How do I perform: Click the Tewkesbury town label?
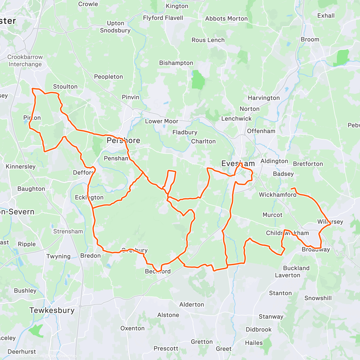pyautogui.click(x=52, y=310)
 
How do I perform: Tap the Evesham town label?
pyautogui.click(x=238, y=163)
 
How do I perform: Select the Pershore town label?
pyautogui.click(x=123, y=140)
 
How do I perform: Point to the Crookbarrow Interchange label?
pyautogui.click(x=25, y=61)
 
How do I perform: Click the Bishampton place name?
pyautogui.click(x=176, y=63)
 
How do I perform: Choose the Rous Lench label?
pyautogui.click(x=208, y=40)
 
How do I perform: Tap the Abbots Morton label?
pyautogui.click(x=226, y=19)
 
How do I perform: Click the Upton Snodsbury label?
pyautogui.click(x=115, y=27)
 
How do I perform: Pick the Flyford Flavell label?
pyautogui.click(x=163, y=18)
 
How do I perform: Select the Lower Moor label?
pyautogui.click(x=161, y=121)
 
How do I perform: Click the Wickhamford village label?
pyautogui.click(x=277, y=195)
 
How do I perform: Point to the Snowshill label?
pyautogui.click(x=318, y=298)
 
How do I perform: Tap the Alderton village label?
pyautogui.click(x=192, y=304)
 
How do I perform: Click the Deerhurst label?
pyautogui.click(x=22, y=352)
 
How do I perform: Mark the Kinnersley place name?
pyautogui.click(x=21, y=166)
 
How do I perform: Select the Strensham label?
pyautogui.click(x=68, y=231)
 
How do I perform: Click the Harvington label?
pyautogui.click(x=264, y=98)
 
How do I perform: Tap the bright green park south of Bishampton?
pyautogui.click(x=198, y=80)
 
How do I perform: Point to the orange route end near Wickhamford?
pyautogui.click(x=292, y=188)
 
